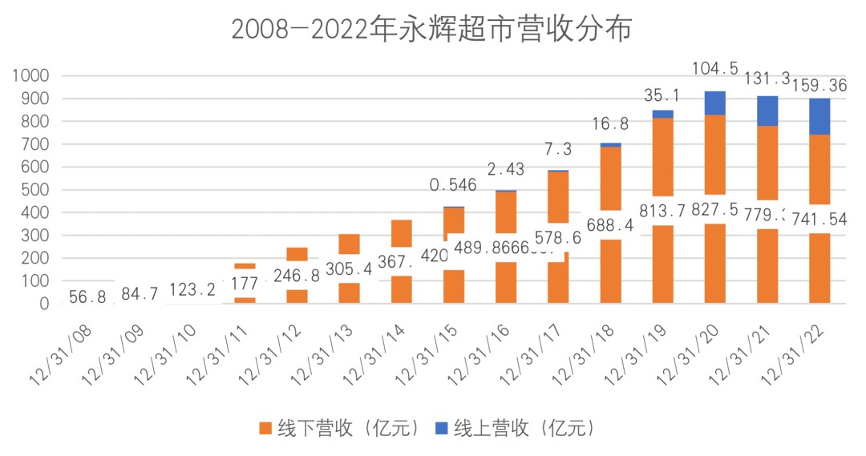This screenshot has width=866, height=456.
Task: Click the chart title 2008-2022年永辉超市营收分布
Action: [432, 30]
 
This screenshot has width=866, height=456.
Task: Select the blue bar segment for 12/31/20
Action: [714, 103]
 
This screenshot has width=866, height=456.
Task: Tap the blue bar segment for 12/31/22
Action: [819, 116]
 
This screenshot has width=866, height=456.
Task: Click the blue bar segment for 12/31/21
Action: [767, 111]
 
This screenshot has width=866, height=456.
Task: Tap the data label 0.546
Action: [452, 185]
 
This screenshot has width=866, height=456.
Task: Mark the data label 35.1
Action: [662, 95]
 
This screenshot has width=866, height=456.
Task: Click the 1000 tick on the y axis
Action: [31, 75]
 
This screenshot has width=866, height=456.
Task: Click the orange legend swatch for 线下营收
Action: [264, 428]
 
